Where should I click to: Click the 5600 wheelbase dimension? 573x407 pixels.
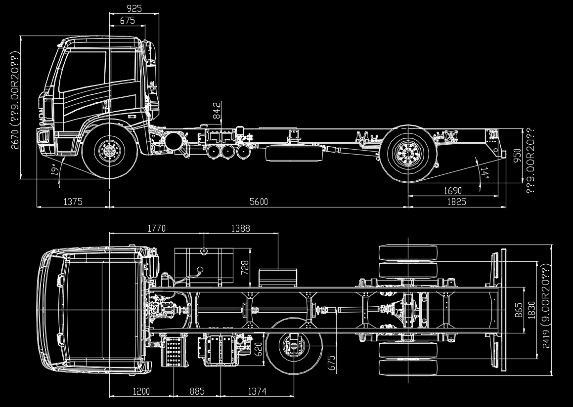tap(259, 202)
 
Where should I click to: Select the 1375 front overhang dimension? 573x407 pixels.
tap(73, 202)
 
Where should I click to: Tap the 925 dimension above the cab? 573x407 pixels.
tap(134, 8)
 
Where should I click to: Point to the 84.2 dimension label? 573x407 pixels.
tap(217, 110)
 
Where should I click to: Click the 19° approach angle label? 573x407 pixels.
tap(55, 170)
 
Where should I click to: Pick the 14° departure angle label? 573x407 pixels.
tap(484, 172)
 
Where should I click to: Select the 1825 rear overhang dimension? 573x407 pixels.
tap(457, 202)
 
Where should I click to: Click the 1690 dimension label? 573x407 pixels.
tap(453, 191)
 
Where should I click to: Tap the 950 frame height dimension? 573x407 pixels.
tap(518, 156)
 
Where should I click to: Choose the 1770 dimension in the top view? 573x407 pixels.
tap(156, 228)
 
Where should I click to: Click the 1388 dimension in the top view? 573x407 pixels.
tap(241, 228)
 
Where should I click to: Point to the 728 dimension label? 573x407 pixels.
tap(245, 268)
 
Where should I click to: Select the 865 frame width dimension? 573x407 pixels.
tap(519, 310)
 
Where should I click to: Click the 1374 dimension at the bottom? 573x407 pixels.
tap(257, 391)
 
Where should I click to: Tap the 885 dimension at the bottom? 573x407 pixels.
tap(197, 391)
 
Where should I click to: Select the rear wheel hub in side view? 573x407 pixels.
tap(408, 153)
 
